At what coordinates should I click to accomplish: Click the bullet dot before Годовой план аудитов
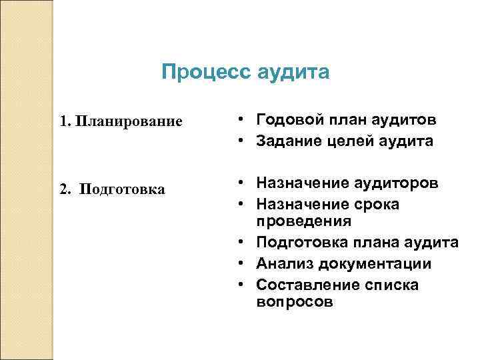(x=239, y=120)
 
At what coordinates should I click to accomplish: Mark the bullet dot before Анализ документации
(x=239, y=264)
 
